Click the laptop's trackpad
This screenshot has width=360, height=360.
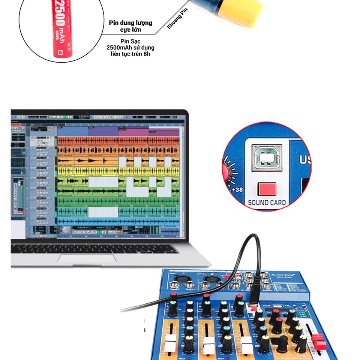coord(87,258)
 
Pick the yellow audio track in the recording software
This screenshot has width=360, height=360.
coord(118,171)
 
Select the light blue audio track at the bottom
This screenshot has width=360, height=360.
coord(118,222)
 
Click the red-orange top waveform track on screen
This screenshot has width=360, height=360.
coord(118,141)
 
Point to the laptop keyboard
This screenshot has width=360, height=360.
coord(94,248)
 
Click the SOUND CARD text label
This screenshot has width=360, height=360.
coord(267,203)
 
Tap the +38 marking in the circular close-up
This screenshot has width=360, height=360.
coord(237,190)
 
